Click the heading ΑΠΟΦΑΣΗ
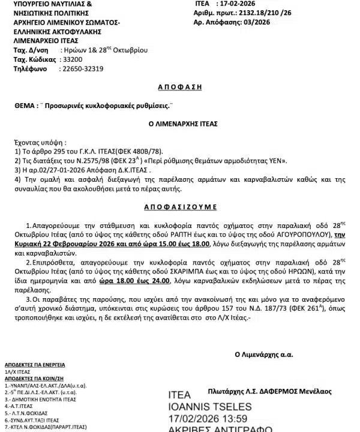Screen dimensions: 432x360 (x=179, y=87)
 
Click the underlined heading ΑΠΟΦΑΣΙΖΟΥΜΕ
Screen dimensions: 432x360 (x=179, y=207)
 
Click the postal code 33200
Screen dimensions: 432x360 (x=71, y=60)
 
